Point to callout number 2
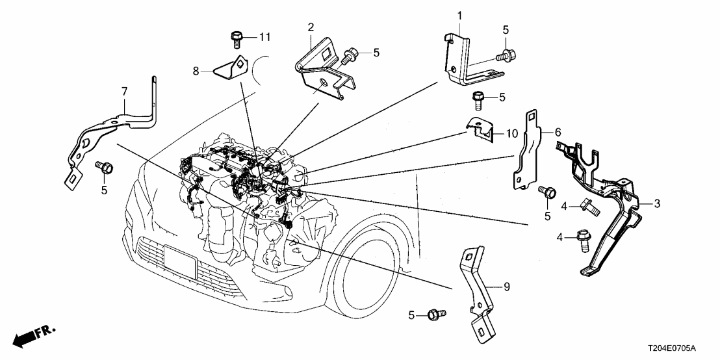311,27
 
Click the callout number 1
459,15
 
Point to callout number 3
657,203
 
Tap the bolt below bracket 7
105,168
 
